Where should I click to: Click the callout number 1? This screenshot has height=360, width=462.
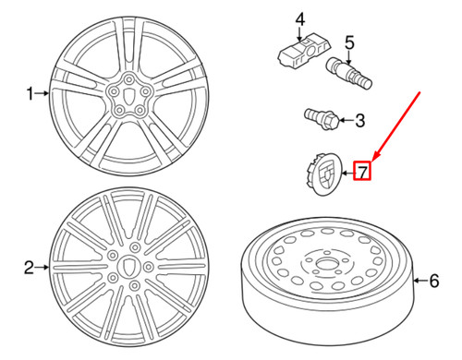tap(30, 93)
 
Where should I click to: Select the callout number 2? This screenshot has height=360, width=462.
tap(29, 268)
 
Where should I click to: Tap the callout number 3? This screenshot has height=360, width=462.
tap(360, 120)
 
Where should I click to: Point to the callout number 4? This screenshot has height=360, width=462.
tap(300, 19)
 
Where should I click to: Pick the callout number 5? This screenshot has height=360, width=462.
tap(349, 42)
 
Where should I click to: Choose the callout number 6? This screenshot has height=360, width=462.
tap(434, 281)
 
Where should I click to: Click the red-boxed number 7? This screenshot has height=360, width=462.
tap(362, 172)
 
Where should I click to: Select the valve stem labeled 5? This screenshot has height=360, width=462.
tap(349, 73)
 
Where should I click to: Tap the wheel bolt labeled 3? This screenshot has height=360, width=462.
tap(322, 119)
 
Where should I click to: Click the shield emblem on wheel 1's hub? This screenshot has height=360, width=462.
tap(128, 95)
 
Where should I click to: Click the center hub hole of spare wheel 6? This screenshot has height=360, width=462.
tap(326, 264)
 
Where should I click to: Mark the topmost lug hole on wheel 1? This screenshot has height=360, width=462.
tap(128, 79)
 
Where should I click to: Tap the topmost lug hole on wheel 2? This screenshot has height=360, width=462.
tap(135, 246)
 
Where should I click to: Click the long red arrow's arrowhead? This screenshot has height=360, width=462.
tap(376, 156)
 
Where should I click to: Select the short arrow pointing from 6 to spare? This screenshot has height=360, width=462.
tap(420, 281)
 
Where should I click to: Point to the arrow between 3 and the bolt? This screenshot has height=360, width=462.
tap(346, 120)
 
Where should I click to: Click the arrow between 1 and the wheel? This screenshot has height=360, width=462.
tap(42, 93)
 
